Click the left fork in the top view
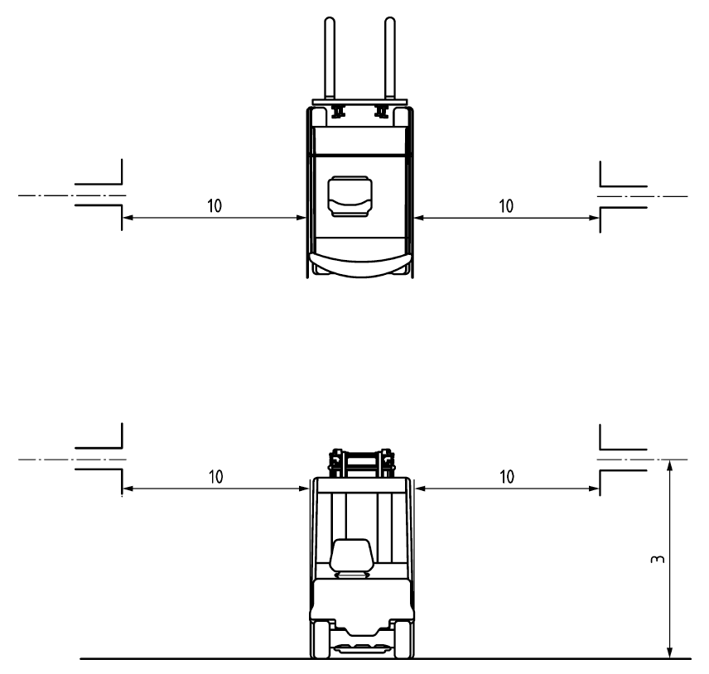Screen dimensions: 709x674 click(x=330, y=58)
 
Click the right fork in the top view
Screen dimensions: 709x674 click(x=390, y=58)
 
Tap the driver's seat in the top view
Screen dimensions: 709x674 click(x=350, y=196)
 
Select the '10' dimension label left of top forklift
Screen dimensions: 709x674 click(x=215, y=205)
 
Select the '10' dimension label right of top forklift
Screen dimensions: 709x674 click(x=506, y=206)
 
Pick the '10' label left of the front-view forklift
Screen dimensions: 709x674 click(x=216, y=476)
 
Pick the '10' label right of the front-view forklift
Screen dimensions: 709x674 click(x=507, y=476)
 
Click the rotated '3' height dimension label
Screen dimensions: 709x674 click(x=657, y=559)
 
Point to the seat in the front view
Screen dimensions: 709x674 click(x=351, y=556)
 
